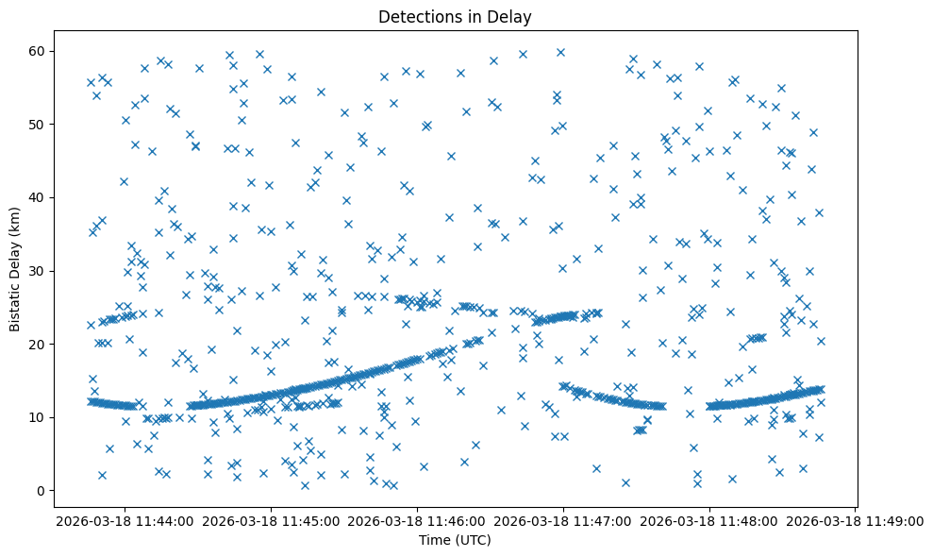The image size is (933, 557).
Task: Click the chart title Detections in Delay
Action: point(466,16)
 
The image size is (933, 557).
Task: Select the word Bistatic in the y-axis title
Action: point(15,302)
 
